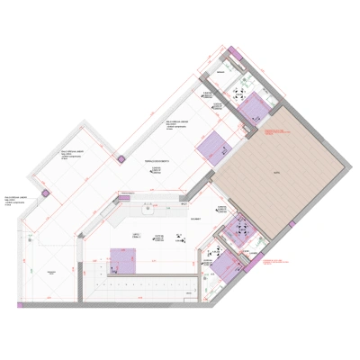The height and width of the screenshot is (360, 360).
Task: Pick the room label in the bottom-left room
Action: (x=50, y=270)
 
